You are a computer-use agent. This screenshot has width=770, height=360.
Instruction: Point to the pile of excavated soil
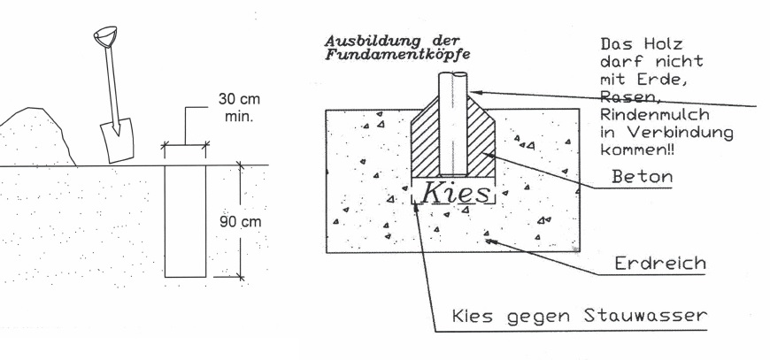pyautogui.click(x=35, y=137)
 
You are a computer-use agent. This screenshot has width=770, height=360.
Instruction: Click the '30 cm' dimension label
pyautogui.click(x=239, y=99)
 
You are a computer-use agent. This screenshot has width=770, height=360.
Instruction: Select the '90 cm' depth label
pyautogui.click(x=241, y=222)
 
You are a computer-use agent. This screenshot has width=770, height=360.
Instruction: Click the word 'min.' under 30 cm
pyautogui.click(x=239, y=118)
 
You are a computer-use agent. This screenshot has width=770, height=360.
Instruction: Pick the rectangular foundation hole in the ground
pyautogui.click(x=185, y=221)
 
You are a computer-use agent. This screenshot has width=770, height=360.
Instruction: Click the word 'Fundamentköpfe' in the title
pyautogui.click(x=397, y=54)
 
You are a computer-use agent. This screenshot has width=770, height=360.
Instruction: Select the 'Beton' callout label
pyautogui.click(x=643, y=176)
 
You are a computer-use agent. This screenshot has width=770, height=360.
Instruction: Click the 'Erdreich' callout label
pyautogui.click(x=660, y=263)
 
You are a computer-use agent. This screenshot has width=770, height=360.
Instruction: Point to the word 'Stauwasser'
pyautogui.click(x=645, y=316)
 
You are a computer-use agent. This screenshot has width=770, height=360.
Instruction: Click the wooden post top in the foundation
pyautogui.click(x=453, y=75)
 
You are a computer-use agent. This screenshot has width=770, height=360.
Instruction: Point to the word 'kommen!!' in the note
pyautogui.click(x=637, y=149)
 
